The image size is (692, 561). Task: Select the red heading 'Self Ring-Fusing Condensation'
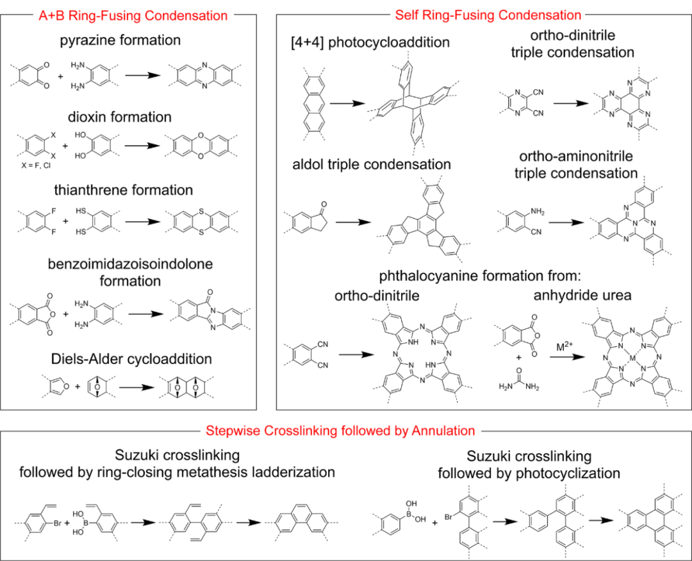click(488, 15)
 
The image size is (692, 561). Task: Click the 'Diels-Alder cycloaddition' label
click(129, 359)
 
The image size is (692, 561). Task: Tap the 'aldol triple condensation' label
click(371, 164)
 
